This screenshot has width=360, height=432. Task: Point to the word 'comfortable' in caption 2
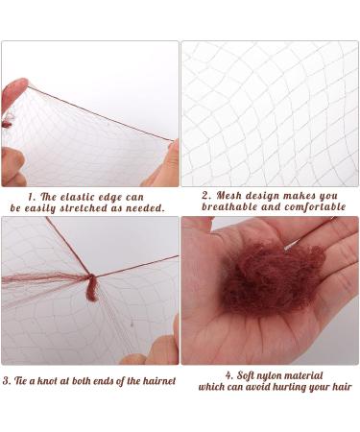point(304,206)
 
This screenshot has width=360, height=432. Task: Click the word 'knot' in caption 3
point(60,382)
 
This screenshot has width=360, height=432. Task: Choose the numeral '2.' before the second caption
point(206,194)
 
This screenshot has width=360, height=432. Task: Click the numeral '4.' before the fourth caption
point(229,373)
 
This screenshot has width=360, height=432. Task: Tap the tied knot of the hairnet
point(90,287)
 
